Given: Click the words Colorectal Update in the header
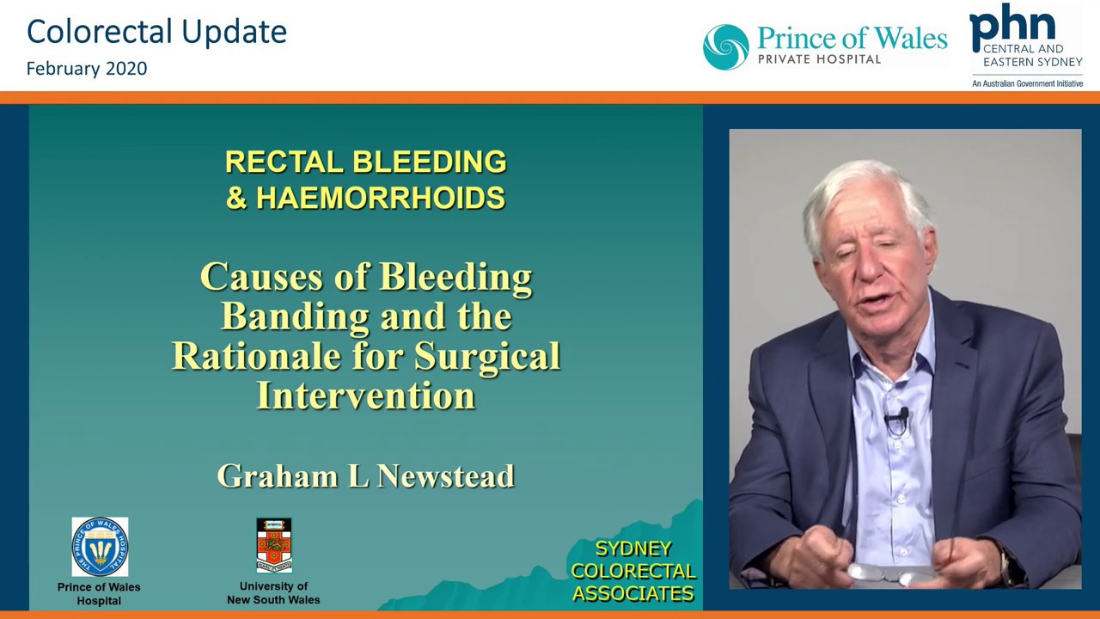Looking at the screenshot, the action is coord(156,33).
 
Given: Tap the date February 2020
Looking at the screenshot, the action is coord(87,69).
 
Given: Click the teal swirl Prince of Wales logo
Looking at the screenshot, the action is coord(726,47).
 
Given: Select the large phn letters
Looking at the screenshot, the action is coord(1012,27).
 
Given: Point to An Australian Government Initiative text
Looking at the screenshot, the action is coord(1027,84).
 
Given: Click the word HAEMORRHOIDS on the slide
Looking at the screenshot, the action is coord(381,198).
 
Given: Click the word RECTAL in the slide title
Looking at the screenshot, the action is coord(284,162).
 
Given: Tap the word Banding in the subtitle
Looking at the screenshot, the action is coord(295,317).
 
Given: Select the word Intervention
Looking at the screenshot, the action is coord(366,395).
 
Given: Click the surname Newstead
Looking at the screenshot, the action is coord(446,476).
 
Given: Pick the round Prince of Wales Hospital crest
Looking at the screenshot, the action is coord(100,547).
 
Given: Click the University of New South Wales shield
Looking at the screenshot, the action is coord(274,545).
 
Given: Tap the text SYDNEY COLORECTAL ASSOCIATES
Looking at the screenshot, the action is coord(633,572).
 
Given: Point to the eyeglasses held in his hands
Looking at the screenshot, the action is coord(891,573).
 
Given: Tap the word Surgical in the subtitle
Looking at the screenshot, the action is coord(487,357).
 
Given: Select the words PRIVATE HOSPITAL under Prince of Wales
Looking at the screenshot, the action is coord(819,59).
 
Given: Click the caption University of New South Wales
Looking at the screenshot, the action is coord(273,593).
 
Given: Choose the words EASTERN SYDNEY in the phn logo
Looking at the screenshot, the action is coord(1033,62).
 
